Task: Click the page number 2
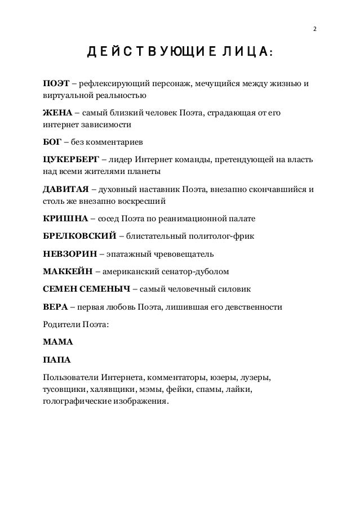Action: click(x=315, y=29)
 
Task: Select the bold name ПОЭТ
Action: click(x=56, y=84)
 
